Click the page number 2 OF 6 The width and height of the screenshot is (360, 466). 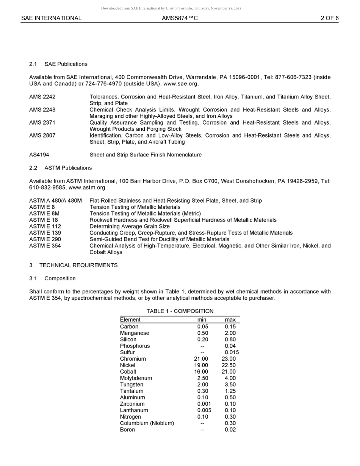329,18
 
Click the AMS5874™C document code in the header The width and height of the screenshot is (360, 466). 180,18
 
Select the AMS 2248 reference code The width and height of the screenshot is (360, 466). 42,110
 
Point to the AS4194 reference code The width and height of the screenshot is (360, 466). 39,155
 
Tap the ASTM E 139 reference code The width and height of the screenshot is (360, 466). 45,233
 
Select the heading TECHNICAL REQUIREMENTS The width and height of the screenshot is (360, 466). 78,265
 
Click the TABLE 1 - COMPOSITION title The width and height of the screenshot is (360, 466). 180,311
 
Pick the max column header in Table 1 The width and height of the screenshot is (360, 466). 230,320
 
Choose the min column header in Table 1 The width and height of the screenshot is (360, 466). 202,320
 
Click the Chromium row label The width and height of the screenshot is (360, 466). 133,359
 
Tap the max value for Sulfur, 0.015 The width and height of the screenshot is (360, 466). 232,352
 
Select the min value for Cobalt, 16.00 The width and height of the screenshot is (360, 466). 201,372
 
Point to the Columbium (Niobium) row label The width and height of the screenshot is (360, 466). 147,423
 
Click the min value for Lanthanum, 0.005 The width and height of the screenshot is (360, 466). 204,410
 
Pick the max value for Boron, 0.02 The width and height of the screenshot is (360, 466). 230,430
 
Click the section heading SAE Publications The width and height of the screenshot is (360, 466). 66,64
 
